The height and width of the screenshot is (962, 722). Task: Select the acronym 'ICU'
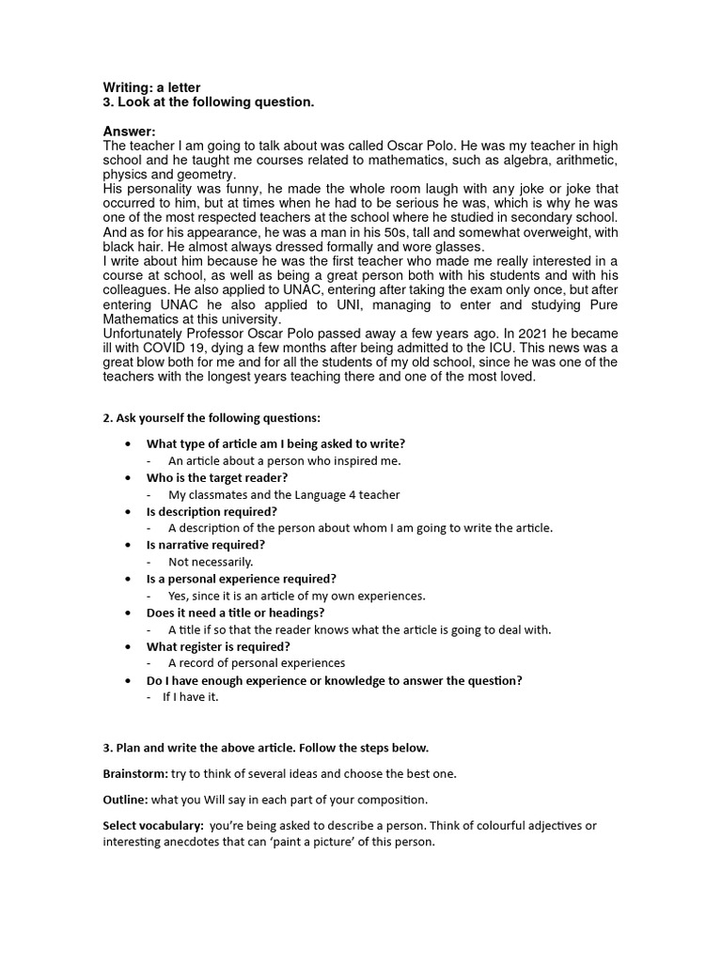[496, 349]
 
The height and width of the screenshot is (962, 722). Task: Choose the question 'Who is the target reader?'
[216, 477]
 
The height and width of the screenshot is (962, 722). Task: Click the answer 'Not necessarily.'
[211, 562]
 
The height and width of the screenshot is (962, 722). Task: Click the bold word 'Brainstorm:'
[134, 774]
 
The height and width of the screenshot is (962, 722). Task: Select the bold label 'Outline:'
[124, 799]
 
